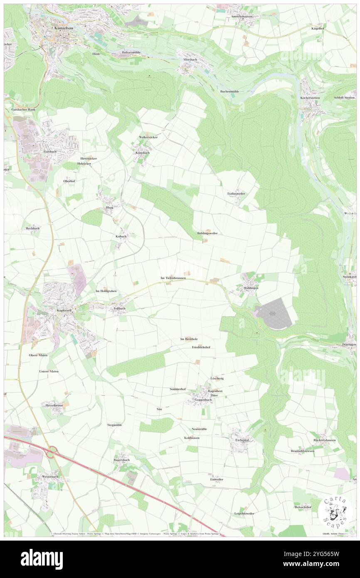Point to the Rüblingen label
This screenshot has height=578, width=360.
[251, 288]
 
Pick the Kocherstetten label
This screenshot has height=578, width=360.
[311, 98]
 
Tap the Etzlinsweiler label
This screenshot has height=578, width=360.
[236, 194]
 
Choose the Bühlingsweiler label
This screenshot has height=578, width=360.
[207, 233]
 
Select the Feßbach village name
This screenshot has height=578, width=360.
[119, 309]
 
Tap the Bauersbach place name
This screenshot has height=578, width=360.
[122, 460]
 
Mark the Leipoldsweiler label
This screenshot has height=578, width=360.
[244, 514]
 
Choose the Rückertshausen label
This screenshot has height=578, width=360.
[325, 440]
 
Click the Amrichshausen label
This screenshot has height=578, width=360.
[242, 16]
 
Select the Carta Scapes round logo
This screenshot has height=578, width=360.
[336, 511]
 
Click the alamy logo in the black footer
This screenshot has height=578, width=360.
[42, 558]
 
